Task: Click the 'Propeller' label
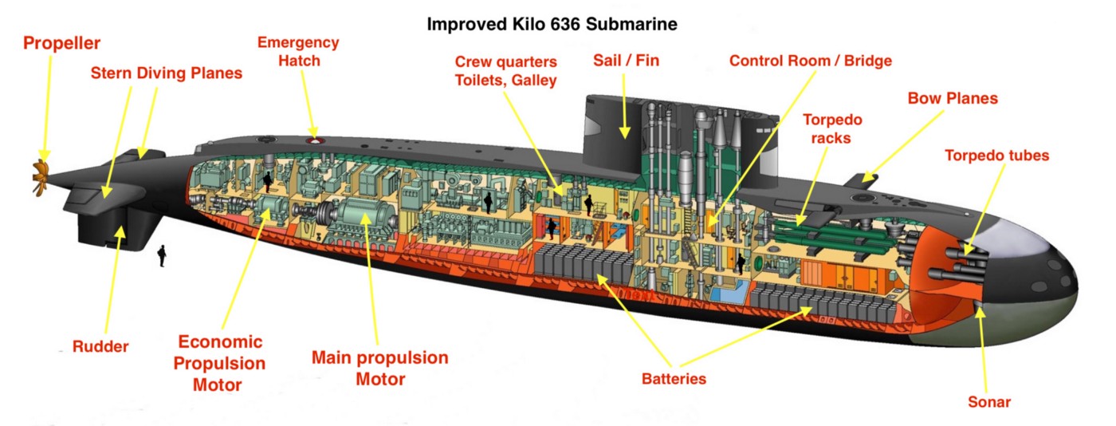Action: (62, 43)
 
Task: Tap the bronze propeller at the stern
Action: (41, 177)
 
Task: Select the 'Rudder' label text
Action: (100, 346)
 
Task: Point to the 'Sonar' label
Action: (989, 401)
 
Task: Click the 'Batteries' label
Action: (674, 379)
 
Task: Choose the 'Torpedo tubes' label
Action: (997, 156)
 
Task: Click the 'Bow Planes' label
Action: (953, 98)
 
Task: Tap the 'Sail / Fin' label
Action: (627, 61)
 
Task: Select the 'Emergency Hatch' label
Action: (298, 51)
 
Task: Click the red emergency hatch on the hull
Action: (314, 141)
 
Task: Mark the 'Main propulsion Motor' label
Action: (380, 368)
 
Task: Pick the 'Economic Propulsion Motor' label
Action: (219, 363)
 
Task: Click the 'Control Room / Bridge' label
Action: (811, 61)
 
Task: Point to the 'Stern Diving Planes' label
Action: (167, 73)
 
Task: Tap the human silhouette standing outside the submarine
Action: (161, 256)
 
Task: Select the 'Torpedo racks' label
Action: (832, 128)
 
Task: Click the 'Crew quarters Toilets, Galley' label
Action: (505, 71)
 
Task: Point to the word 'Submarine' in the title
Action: (631, 24)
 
